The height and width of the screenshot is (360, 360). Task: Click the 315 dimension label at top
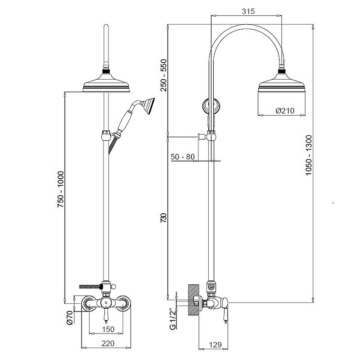coord(248,11)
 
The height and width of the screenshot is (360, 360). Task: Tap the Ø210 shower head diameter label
coord(285,111)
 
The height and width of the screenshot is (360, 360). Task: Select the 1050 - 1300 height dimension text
coord(309,155)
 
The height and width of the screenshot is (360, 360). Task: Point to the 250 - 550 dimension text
coord(164,75)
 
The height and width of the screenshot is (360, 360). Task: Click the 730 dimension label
coord(163,217)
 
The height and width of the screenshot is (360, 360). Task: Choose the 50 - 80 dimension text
coord(183,157)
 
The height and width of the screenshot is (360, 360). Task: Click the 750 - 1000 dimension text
coord(61,189)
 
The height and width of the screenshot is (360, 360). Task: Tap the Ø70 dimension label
coord(70,318)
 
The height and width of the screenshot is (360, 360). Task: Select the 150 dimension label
coord(108,329)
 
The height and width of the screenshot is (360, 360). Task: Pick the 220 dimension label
coord(108,343)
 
